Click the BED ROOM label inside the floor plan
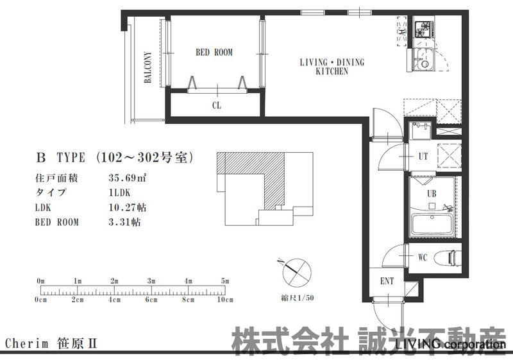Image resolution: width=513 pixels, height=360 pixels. coord(214,53)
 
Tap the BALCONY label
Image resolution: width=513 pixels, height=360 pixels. coord(148,67)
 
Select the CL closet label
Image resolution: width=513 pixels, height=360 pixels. coord(217,105)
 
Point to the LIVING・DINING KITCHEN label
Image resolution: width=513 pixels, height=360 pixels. coord(332,67)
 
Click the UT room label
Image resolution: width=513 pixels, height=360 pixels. coord(423,157)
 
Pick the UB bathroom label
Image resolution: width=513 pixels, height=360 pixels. coord(432,194)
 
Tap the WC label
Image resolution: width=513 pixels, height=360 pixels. coord(423,257)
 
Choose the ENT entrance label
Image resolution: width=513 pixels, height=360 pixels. coord(387,281)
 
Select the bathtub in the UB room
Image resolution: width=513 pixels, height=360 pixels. coord(432,225)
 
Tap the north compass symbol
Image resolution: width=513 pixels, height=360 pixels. coord(297,272)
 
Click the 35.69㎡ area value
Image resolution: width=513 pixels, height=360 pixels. coord(127,178)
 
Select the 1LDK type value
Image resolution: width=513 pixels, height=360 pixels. coord(119,193)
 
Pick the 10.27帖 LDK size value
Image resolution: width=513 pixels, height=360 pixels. coord(127,207)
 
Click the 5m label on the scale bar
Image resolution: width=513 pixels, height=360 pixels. coord(225,281)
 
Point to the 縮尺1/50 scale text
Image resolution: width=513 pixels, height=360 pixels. coord(298,298)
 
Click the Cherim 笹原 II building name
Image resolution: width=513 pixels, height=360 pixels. coord(51,344)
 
